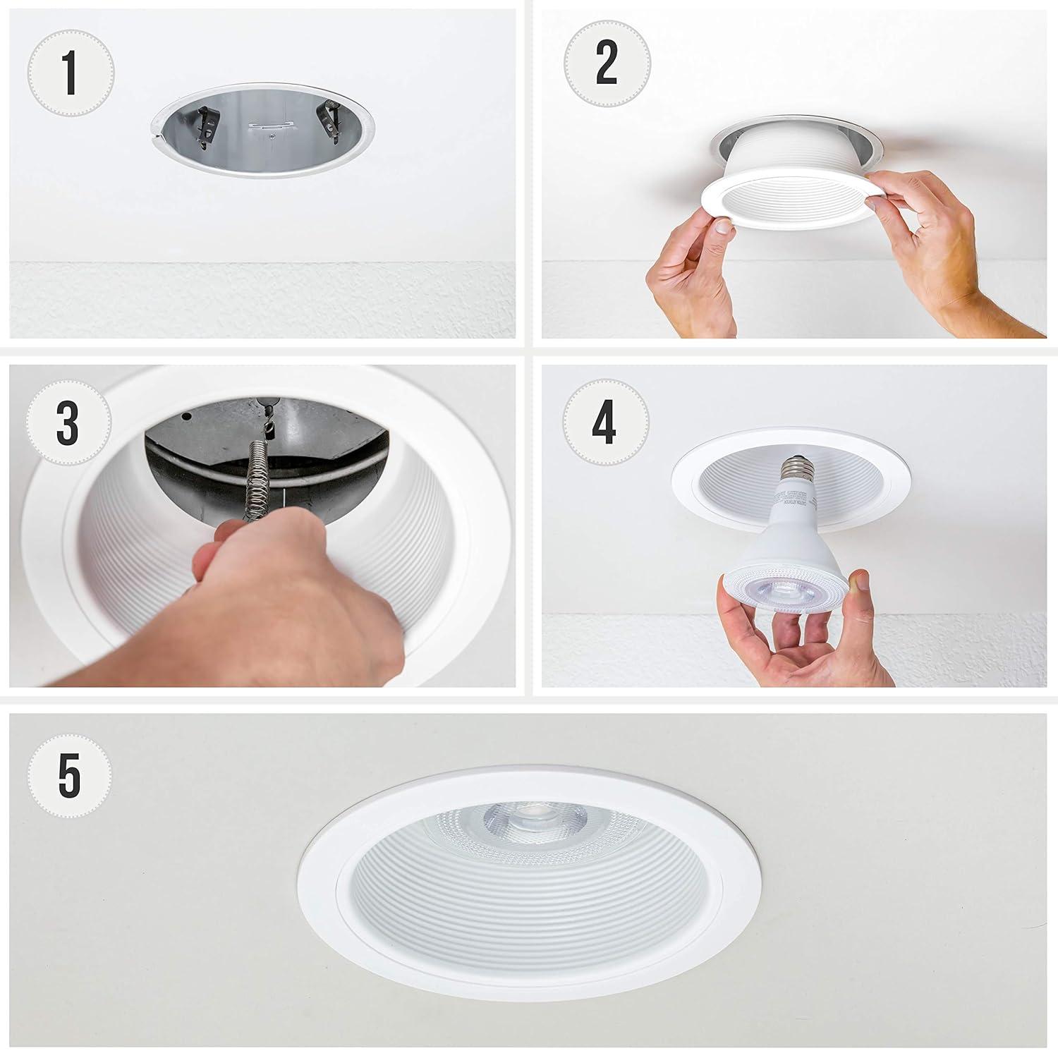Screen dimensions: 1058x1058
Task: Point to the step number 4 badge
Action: pos(605,425)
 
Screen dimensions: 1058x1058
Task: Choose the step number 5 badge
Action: pos(70,774)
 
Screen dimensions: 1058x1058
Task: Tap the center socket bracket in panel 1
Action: pos(269,128)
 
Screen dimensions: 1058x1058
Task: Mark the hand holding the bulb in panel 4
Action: pos(790,642)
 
